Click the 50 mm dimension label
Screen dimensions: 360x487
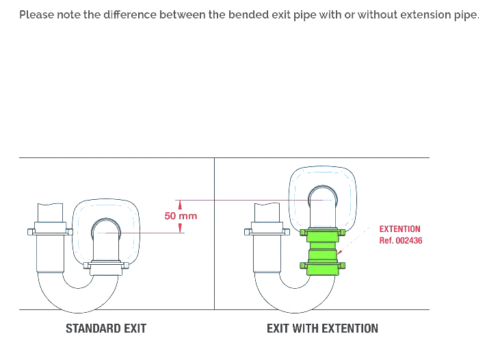click(181, 216)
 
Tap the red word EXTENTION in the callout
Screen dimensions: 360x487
click(400, 229)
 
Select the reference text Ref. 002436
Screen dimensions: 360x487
click(401, 240)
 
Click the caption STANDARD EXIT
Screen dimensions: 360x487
click(106, 329)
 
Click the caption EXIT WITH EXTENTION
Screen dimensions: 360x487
click(322, 329)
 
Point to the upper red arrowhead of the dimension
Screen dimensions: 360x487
click(181, 204)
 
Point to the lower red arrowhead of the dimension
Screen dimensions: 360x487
click(181, 229)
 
